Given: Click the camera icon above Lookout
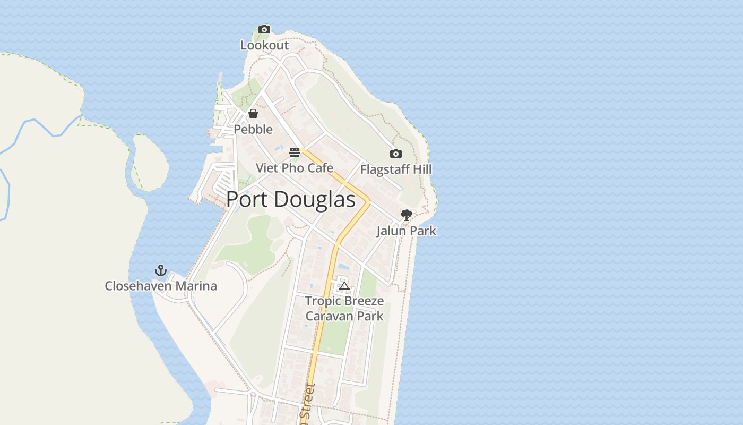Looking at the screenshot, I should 264,30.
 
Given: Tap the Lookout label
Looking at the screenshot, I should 264,45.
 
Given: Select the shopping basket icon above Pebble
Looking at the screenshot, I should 253,114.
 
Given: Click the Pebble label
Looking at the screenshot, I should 253,129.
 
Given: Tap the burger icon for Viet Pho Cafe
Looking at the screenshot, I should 295,152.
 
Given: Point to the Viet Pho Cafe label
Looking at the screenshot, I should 295,168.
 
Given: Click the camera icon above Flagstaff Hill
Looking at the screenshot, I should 396,154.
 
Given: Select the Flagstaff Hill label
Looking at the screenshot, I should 396,169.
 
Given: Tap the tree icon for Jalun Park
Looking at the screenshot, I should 407,215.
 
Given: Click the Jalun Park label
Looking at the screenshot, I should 407,231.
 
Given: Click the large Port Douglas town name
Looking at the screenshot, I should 291,200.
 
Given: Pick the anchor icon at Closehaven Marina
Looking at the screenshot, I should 161,271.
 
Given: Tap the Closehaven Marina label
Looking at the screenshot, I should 161,286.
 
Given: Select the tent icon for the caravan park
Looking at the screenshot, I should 344,287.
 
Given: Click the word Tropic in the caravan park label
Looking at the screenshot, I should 323,301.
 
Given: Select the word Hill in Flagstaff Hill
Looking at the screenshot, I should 422,169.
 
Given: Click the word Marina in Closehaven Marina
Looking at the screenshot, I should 196,286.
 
